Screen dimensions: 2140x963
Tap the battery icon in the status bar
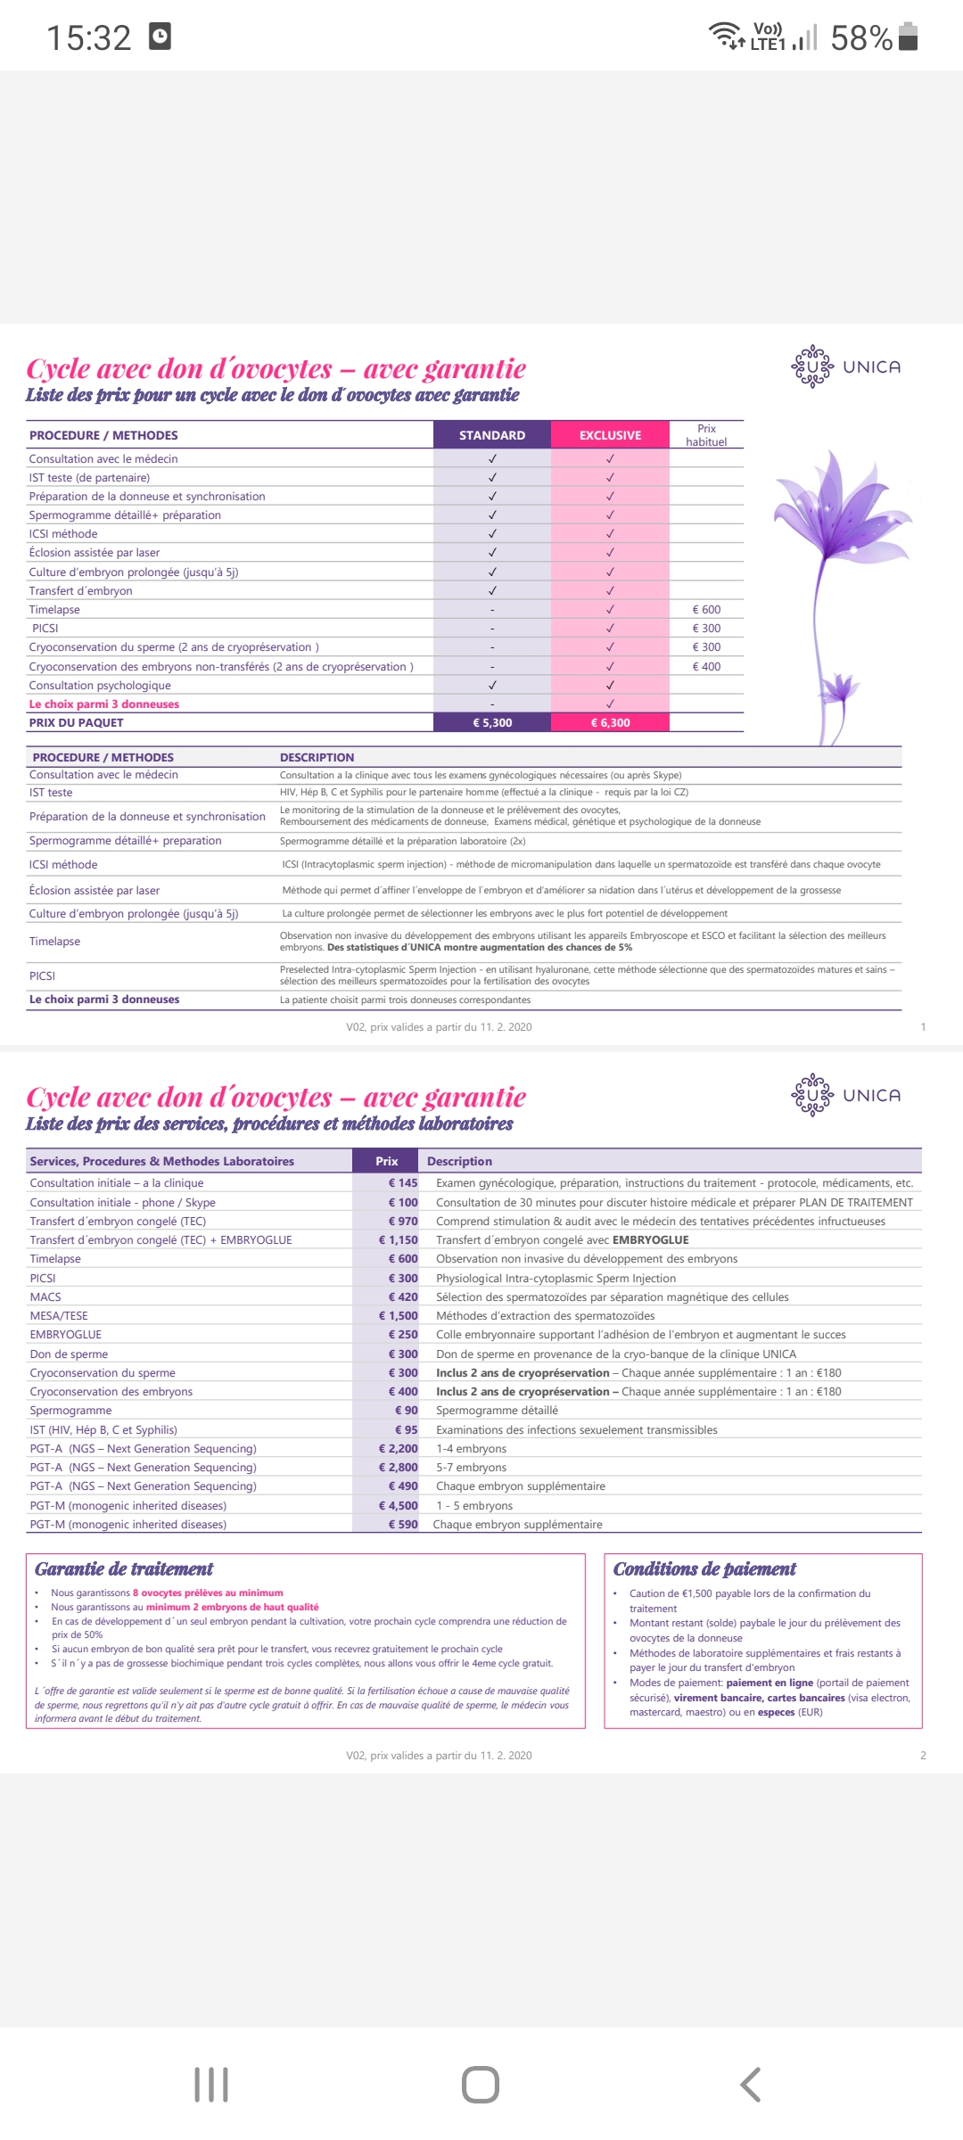point(908,37)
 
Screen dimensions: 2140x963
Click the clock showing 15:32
point(89,38)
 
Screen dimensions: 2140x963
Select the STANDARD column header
point(492,435)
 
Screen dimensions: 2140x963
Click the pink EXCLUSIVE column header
point(610,435)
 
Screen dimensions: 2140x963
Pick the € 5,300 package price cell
point(492,723)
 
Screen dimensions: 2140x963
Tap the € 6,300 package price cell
point(610,723)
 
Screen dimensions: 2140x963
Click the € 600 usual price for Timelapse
point(706,610)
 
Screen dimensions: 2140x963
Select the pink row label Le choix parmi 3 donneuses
point(104,704)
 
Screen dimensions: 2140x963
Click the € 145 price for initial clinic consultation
point(403,1183)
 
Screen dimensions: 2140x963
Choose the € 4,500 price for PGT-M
point(399,1506)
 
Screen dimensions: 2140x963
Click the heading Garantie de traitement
point(124,1569)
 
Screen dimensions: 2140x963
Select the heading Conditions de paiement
point(704,1569)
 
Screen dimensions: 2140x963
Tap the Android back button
point(751,2085)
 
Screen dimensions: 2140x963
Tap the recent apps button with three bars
point(211,2085)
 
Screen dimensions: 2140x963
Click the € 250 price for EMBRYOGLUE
point(403,1335)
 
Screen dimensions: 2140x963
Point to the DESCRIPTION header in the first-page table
point(317,758)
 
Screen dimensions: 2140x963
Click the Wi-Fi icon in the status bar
point(724,36)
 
